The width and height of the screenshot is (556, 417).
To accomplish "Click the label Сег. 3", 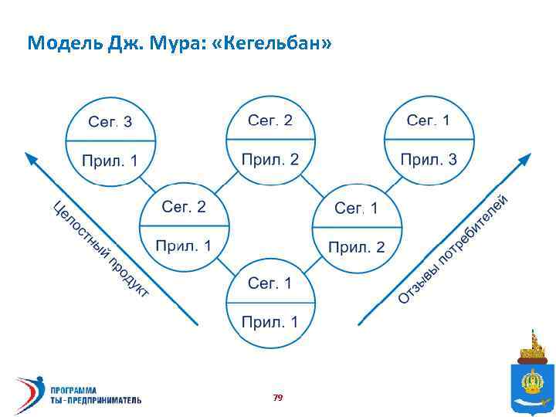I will tap(110, 122).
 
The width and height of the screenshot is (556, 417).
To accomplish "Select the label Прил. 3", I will tap(429, 160).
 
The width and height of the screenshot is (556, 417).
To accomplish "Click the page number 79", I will tap(278, 397).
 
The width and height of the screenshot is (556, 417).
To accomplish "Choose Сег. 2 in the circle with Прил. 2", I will tap(270, 120).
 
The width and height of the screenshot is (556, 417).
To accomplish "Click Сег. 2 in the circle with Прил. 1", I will tap(184, 207).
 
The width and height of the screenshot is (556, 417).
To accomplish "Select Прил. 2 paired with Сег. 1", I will tap(357, 247).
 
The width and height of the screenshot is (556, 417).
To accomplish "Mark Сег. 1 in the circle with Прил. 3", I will tap(429, 120).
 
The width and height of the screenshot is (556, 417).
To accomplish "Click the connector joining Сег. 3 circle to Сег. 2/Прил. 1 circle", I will tap(151, 182).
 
